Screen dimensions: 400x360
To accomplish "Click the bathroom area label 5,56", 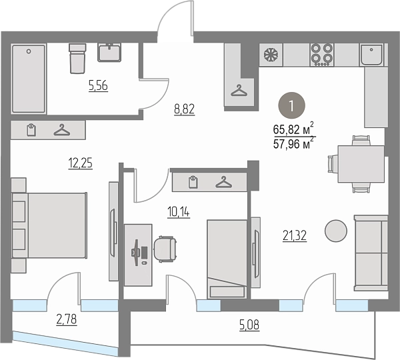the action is (98, 85).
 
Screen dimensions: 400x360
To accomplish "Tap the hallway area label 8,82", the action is (185, 109).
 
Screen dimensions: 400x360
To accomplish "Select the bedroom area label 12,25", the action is (81, 163).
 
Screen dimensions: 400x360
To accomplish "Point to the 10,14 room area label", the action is (179, 212).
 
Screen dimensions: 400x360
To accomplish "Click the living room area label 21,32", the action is (295, 235).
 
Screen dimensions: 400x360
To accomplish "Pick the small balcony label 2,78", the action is (66, 320).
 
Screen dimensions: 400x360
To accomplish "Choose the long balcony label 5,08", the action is (249, 325).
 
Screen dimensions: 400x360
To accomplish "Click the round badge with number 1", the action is (291, 105).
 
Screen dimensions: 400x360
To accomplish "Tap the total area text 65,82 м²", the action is (293, 129).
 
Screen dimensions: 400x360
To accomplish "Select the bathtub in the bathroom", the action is (29, 79).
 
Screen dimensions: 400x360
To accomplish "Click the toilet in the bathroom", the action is (77, 59).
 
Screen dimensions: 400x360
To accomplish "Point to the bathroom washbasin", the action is (109, 52).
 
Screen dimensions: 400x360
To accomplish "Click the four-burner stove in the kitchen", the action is (322, 55).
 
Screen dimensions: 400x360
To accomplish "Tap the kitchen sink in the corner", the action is (371, 55).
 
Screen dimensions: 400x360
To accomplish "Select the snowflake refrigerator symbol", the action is (271, 55).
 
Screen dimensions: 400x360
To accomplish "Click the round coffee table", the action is (336, 231).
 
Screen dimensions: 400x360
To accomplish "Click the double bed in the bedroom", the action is (49, 225).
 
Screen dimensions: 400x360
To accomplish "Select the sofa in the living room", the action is (371, 253).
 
